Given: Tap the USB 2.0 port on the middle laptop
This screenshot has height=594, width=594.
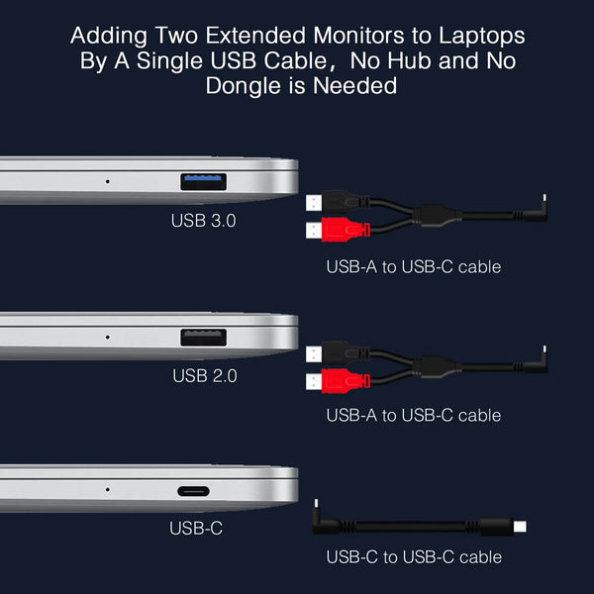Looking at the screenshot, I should coord(203,337).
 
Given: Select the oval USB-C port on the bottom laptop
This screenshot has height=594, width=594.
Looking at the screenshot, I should coord(203,491).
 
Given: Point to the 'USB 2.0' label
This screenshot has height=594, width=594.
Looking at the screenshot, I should coord(204,375).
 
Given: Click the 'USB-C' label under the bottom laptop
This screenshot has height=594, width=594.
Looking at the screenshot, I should coord(196,529).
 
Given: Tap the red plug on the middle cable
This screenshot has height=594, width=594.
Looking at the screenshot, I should coord(336,381).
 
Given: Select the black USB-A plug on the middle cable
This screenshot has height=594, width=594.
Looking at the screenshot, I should coord(336,352).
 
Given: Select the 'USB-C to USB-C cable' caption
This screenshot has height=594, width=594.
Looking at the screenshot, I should coord(414,557).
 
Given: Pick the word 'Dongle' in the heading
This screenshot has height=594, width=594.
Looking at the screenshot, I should coord(248,86).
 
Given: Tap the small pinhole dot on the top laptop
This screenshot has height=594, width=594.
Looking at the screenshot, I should coord(107,181).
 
